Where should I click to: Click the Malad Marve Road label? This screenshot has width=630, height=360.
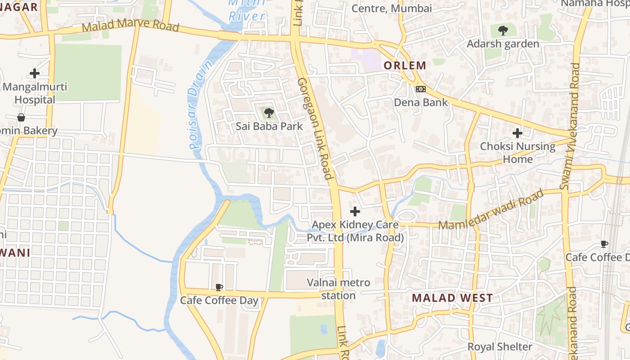130,26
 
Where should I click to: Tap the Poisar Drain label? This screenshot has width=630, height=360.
200,104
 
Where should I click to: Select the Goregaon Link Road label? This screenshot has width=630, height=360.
315,128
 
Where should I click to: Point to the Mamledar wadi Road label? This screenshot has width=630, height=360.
491,211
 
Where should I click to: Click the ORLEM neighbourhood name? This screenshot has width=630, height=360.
405,65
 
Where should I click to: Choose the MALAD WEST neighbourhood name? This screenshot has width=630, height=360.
452,298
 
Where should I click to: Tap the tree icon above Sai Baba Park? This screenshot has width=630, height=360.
269,113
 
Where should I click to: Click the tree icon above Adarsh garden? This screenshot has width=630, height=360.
503,31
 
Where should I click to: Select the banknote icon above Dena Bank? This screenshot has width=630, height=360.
421,89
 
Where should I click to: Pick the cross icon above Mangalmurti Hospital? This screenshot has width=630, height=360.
35,73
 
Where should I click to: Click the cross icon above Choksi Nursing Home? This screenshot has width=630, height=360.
517,133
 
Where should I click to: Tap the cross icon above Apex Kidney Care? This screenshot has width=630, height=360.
355,211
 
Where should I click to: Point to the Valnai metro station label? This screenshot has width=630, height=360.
338,289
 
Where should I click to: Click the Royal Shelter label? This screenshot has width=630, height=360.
499,347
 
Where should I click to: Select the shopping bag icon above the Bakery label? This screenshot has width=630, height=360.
21,117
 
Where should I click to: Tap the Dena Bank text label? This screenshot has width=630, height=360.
421,102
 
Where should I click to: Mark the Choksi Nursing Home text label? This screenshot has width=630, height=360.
517,153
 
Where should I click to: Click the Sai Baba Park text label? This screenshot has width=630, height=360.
269,126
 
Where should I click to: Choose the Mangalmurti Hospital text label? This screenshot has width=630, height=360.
35,93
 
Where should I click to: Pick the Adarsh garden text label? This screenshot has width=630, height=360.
503,44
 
